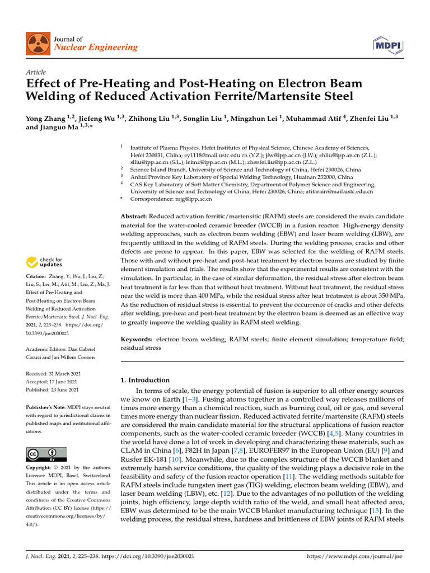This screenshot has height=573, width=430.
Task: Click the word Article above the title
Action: [36, 72]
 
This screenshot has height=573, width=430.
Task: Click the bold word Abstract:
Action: [134, 216]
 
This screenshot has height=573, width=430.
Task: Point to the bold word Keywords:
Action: [137, 339]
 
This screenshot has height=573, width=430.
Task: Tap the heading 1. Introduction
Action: [145, 380]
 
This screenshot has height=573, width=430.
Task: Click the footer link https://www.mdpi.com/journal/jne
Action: [356, 557]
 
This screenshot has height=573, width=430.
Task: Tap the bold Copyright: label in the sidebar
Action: [41, 467]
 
